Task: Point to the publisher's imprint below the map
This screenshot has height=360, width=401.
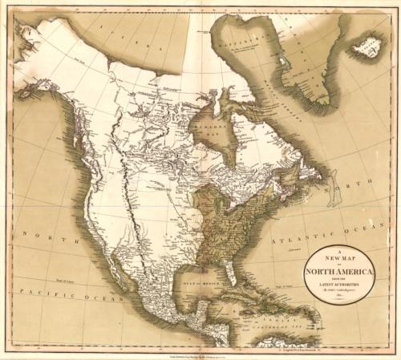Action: pos(200,353)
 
